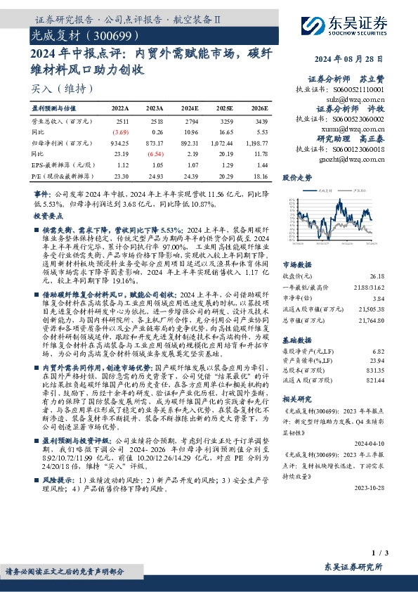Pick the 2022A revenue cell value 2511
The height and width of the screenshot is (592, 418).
coord(121,122)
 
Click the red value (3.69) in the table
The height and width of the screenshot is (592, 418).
coord(121,131)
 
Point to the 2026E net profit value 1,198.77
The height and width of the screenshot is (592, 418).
coord(256,142)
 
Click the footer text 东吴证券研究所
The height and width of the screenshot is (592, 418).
coord(355,567)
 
